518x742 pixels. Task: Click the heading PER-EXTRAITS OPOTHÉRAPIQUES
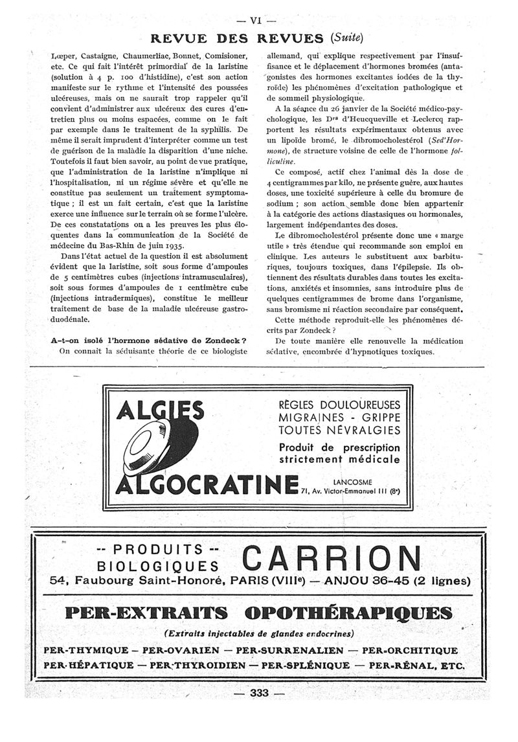pos(257,613)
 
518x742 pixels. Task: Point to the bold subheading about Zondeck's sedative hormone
pos(150,341)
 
